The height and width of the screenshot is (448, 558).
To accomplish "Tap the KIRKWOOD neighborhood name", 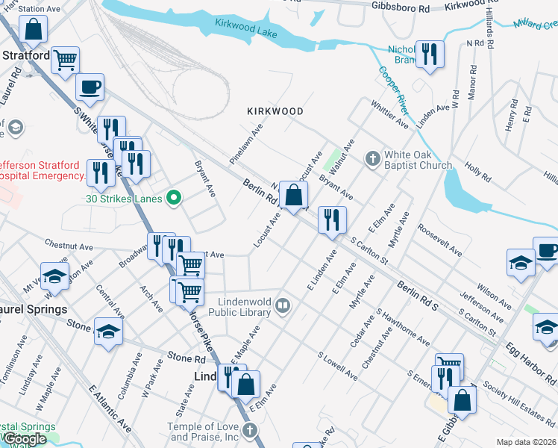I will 275,111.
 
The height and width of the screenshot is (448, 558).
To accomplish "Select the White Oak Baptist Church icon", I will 373,158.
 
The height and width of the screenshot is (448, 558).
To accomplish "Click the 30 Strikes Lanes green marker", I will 174,198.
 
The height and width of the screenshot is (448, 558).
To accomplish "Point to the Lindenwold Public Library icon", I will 283,304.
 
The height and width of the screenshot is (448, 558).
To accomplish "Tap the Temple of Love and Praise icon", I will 250,431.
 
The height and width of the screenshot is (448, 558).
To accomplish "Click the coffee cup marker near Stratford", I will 90,87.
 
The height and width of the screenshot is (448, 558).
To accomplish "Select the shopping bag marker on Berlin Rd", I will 295,196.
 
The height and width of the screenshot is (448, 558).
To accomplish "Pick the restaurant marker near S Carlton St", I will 331,220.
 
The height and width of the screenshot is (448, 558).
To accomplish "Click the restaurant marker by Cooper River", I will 430,54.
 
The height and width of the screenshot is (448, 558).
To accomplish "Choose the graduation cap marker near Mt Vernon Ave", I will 54,276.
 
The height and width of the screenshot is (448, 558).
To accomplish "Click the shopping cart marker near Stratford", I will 66,59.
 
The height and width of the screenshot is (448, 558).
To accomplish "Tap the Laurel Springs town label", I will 34,308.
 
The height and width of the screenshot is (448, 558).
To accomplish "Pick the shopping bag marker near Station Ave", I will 34,29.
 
